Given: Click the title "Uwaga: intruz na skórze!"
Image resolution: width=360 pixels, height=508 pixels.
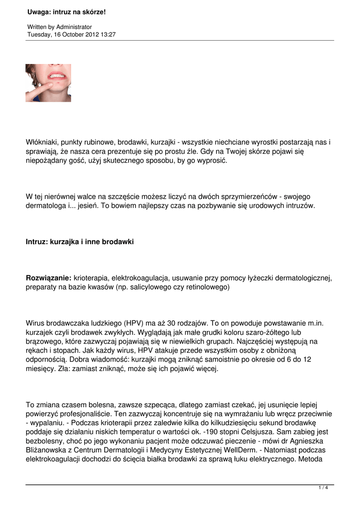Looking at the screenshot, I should click(67, 12).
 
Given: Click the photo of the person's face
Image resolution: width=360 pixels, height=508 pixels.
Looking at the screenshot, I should click(48, 83).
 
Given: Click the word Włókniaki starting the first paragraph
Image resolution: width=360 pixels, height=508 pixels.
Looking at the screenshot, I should click(43, 142).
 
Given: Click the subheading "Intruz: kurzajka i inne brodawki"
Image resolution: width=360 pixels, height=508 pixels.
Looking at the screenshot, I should click(79, 242).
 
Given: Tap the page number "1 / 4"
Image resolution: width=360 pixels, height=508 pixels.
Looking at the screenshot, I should click(323, 488).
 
